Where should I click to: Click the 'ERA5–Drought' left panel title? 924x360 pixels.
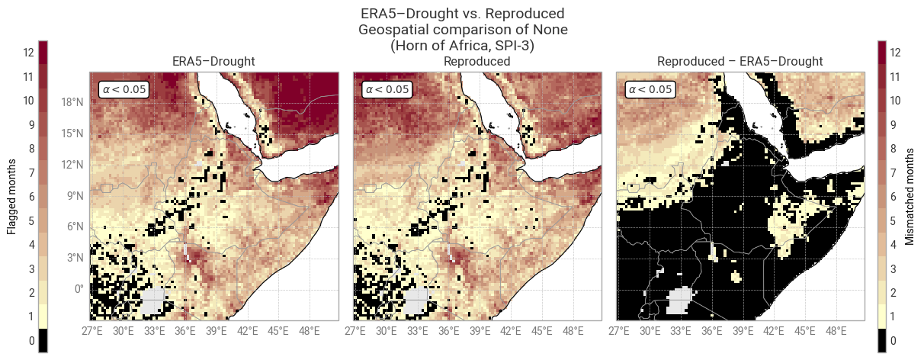pyautogui.click(x=213, y=61)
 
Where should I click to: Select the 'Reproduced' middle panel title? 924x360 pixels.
pyautogui.click(x=476, y=61)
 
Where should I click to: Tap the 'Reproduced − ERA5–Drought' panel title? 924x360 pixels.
pyautogui.click(x=740, y=61)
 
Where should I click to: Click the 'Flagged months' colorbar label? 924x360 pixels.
pyautogui.click(x=11, y=197)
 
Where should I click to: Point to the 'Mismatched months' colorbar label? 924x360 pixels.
pyautogui.click(x=910, y=197)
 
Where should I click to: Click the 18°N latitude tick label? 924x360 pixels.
pyautogui.click(x=72, y=102)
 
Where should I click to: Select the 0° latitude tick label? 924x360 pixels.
pyautogui.click(x=79, y=288)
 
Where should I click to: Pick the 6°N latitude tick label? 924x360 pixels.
pyautogui.click(x=75, y=227)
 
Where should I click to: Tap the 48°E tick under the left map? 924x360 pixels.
pyautogui.click(x=310, y=331)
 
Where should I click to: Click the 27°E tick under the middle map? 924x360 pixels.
pyautogui.click(x=355, y=331)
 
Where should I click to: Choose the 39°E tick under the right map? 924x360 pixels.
pyautogui.click(x=743, y=331)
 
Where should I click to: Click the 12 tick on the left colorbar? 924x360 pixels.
pyautogui.click(x=28, y=53)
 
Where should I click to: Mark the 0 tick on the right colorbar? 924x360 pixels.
pyautogui.click(x=893, y=341)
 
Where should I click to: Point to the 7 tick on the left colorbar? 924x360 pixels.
pyautogui.click(x=31, y=172)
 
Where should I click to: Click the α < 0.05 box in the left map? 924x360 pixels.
pyautogui.click(x=124, y=89)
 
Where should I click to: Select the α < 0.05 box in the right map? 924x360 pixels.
pyautogui.click(x=650, y=89)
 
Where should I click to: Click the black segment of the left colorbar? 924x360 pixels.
pyautogui.click(x=43, y=341)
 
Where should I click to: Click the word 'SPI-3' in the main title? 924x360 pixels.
pyautogui.click(x=512, y=46)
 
